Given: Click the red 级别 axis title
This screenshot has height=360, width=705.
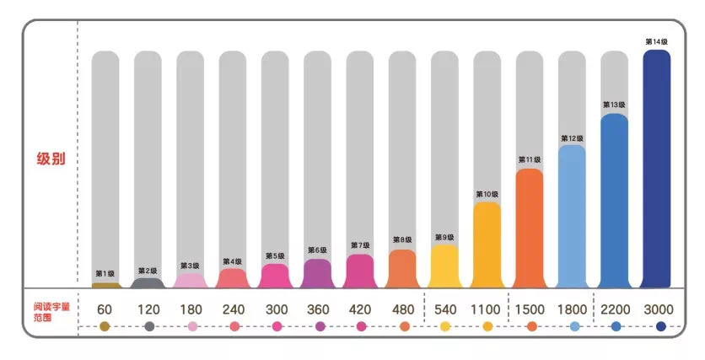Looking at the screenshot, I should pyautogui.click(x=51, y=159).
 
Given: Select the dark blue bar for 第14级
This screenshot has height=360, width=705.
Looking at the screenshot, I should pyautogui.click(x=657, y=169).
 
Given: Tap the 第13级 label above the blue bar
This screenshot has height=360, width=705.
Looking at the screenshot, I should pyautogui.click(x=614, y=105).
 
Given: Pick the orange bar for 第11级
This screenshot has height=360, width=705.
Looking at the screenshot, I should pyautogui.click(x=530, y=228).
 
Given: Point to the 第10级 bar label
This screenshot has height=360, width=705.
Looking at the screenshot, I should pyautogui.click(x=487, y=195).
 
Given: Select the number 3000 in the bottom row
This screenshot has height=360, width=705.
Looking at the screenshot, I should pyautogui.click(x=657, y=309).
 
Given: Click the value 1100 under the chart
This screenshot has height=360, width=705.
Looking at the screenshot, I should pyautogui.click(x=487, y=309).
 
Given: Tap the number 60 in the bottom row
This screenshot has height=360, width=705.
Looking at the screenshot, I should pyautogui.click(x=105, y=309).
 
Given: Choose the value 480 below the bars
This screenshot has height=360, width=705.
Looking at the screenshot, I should pyautogui.click(x=402, y=309).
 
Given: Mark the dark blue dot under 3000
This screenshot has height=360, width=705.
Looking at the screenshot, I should pyautogui.click(x=660, y=326).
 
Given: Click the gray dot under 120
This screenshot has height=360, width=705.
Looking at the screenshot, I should pyautogui.click(x=149, y=326).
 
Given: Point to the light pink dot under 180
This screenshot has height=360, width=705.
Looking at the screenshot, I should pyautogui.click(x=192, y=326).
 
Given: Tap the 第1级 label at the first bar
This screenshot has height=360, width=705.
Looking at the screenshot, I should pyautogui.click(x=105, y=273).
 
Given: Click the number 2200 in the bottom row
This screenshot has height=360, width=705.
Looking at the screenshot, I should pyautogui.click(x=614, y=309).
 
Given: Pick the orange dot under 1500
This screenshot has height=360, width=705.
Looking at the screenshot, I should pyautogui.click(x=531, y=326).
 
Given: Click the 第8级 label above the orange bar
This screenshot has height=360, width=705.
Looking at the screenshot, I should pyautogui.click(x=402, y=239).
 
